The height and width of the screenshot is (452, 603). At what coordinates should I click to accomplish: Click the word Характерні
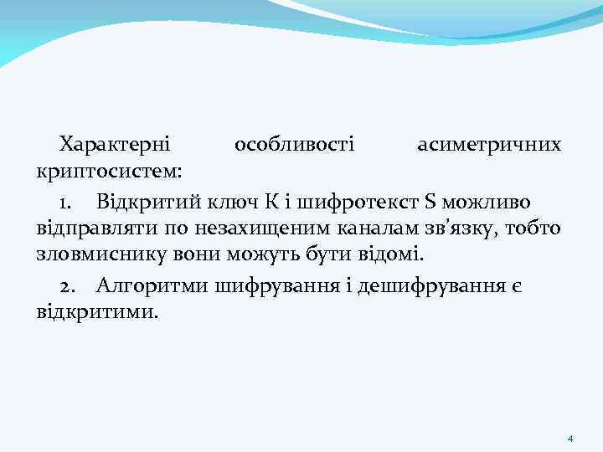click(x=114, y=145)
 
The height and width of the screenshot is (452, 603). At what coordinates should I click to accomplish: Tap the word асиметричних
click(x=489, y=145)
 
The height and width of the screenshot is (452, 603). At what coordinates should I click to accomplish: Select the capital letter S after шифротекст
click(x=430, y=201)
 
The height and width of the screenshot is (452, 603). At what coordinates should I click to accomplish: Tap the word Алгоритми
click(x=152, y=285)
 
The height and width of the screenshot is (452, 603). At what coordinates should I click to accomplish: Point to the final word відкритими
click(x=96, y=314)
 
